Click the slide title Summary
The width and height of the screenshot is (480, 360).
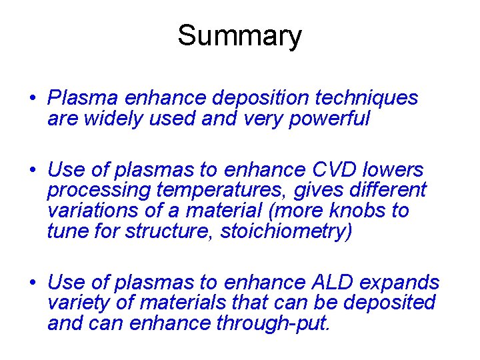pos(239,36)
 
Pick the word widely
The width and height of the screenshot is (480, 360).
pos(117,119)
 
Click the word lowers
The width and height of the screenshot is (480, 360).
pos(395,170)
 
